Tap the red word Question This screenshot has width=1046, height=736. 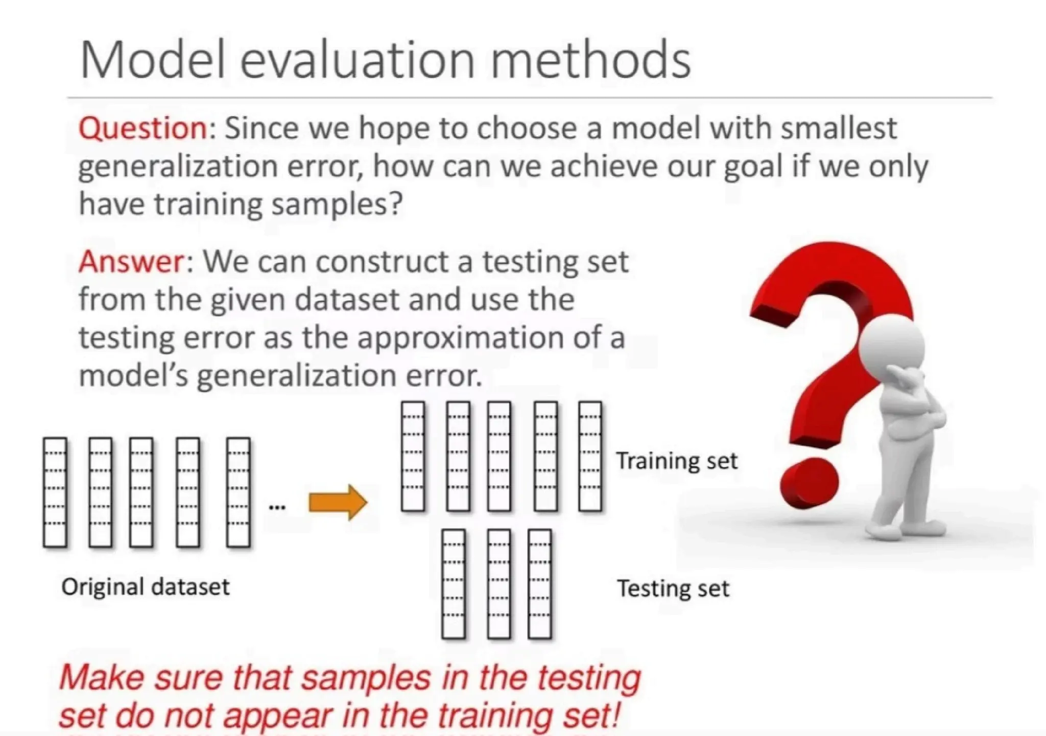point(142,128)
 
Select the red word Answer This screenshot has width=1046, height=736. point(131,262)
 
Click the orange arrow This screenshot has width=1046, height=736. point(338,502)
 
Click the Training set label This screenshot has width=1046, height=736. point(676,461)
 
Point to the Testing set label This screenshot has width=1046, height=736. point(673,588)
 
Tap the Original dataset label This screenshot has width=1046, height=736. point(146,587)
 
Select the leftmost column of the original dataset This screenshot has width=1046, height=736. point(55,492)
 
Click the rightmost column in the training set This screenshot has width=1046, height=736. point(590,456)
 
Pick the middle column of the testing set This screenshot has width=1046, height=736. point(499,584)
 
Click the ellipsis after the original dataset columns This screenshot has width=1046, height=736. point(277,507)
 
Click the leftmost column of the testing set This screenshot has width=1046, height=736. point(454,584)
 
